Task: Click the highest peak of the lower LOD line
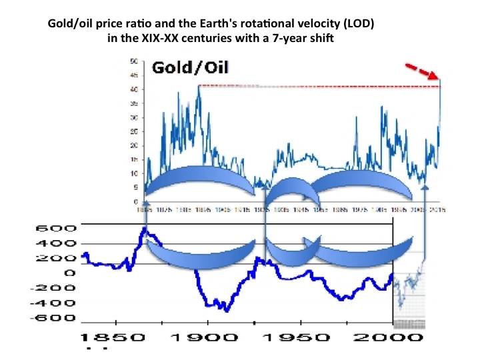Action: (x=145, y=230)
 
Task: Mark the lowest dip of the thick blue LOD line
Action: (x=226, y=310)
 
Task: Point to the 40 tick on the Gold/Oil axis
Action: (x=135, y=89)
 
